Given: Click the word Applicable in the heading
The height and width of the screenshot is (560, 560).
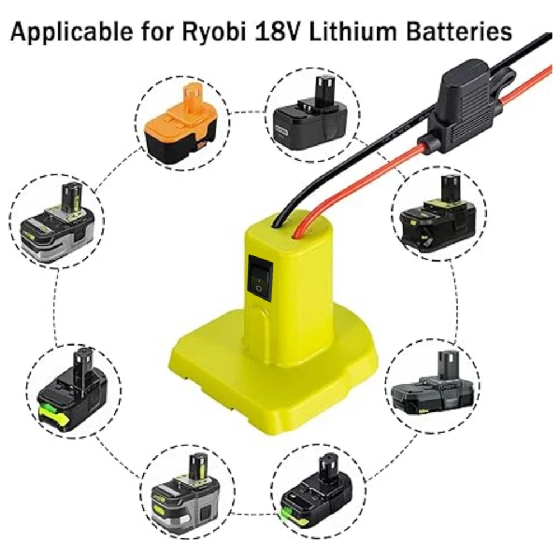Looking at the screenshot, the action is click(x=72, y=32).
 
